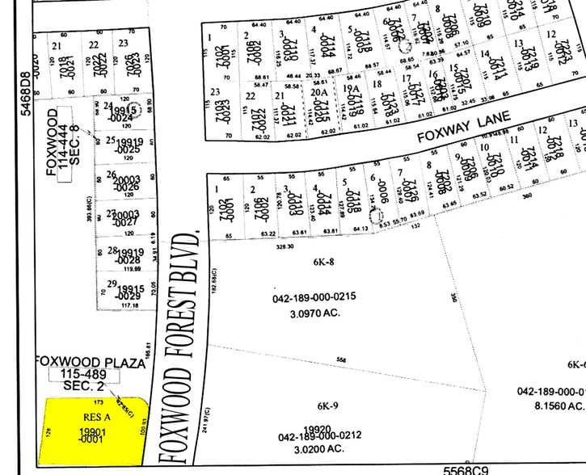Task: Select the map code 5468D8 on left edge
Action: coord(27,95)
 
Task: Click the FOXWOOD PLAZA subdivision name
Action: coord(89,364)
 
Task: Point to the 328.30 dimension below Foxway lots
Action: coord(284,250)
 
